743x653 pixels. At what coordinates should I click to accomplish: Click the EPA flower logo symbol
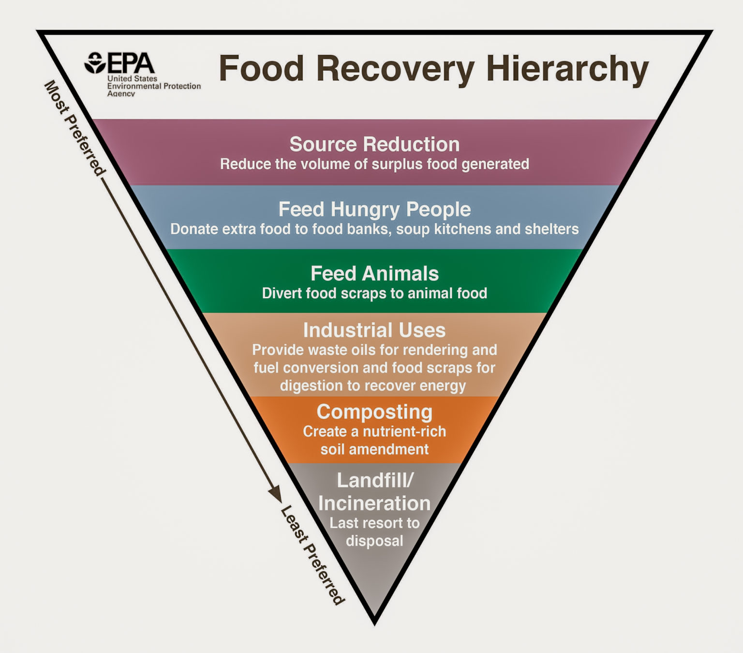pyautogui.click(x=95, y=63)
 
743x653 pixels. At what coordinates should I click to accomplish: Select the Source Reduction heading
pyautogui.click(x=374, y=144)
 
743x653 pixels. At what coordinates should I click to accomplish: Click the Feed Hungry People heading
pyautogui.click(x=374, y=209)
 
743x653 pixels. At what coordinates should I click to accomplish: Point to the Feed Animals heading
pyautogui.click(x=374, y=273)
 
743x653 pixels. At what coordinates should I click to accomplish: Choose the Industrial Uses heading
pyautogui.click(x=374, y=330)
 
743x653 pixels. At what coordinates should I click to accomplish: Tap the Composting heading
pyautogui.click(x=374, y=412)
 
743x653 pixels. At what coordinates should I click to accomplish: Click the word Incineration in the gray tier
pyautogui.click(x=374, y=503)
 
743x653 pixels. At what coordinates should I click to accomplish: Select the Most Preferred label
pyautogui.click(x=74, y=128)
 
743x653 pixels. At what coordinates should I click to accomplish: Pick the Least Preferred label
pyautogui.click(x=312, y=555)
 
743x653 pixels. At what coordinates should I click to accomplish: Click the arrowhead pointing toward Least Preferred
pyautogui.click(x=275, y=495)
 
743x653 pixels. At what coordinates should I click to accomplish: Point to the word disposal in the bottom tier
pyautogui.click(x=374, y=541)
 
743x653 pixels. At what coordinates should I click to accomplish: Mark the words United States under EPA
pyautogui.click(x=132, y=78)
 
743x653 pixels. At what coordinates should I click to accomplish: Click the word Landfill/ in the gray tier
pyautogui.click(x=375, y=480)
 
